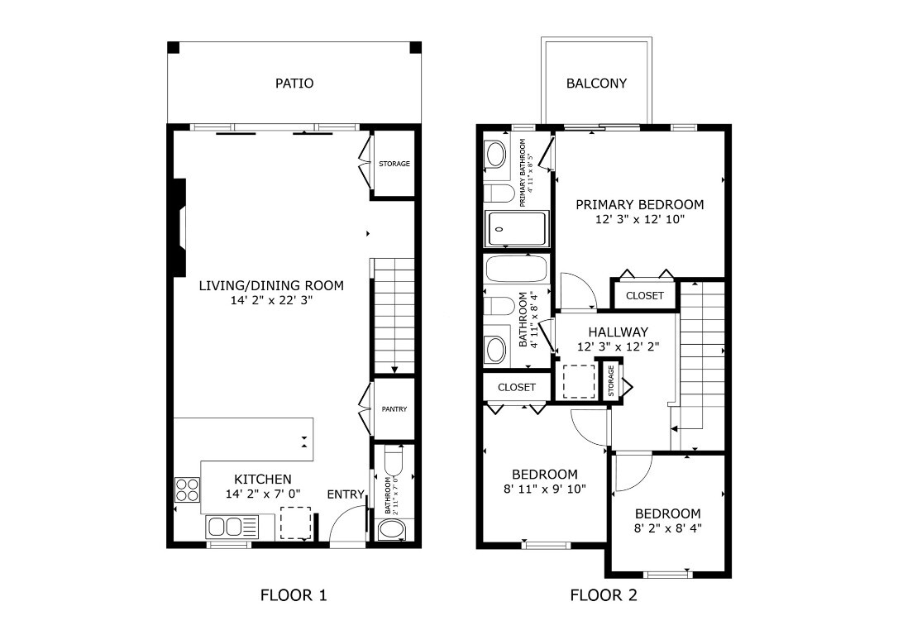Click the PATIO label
tap(294, 84)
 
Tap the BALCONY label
tap(596, 84)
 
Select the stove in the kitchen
tap(187, 490)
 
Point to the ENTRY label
tap(346, 494)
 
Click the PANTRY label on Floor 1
tap(394, 409)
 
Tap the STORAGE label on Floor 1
tap(394, 164)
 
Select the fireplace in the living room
tap(178, 225)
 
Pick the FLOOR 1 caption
tap(294, 595)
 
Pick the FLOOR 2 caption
tap(604, 595)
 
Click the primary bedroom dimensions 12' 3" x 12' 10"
tap(639, 220)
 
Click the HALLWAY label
tap(618, 332)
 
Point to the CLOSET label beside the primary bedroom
tap(644, 295)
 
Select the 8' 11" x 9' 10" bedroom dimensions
tap(544, 489)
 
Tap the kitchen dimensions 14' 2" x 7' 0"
tap(262, 494)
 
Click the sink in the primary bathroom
tap(496, 154)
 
